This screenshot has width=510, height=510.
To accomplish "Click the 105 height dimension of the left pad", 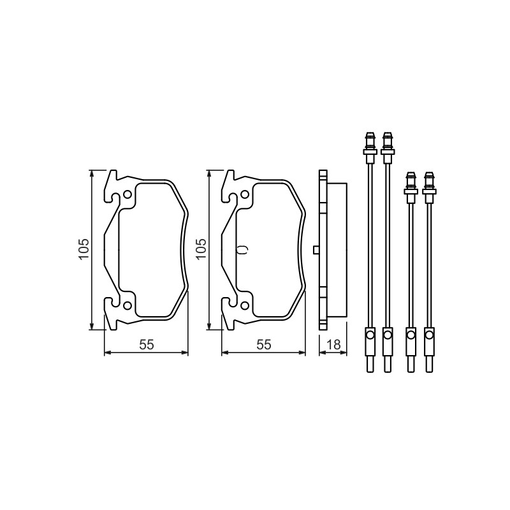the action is click(x=84, y=249).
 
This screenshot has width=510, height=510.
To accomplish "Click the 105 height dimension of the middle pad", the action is click(x=201, y=249).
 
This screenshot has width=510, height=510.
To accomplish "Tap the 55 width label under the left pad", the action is click(x=147, y=344).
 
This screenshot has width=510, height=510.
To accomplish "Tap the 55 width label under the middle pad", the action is click(x=264, y=344).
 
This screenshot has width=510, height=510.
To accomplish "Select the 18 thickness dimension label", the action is click(x=333, y=344).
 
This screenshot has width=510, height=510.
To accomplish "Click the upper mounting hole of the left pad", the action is click(x=127, y=195).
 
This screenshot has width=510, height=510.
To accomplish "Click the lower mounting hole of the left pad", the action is click(x=127, y=305).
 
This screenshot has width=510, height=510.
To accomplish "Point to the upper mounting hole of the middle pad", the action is click(x=245, y=195).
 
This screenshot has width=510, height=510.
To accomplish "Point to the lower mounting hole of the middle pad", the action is click(x=245, y=305).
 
